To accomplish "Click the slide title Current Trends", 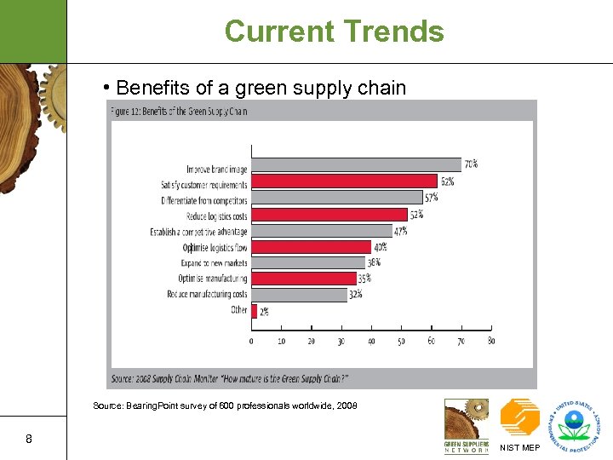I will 334,32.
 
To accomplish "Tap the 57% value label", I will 432,198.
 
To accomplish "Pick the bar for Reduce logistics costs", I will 329,215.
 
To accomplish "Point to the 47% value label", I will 400,231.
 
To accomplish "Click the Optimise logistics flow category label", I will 215,247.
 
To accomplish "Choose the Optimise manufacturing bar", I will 303,279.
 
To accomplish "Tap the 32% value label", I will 355,295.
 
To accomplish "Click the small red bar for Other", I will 254,311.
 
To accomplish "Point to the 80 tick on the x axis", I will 491,341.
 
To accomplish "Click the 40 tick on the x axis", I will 371,341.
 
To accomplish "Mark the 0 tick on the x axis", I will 251,341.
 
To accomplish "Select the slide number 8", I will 29,440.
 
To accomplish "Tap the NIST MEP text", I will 519,447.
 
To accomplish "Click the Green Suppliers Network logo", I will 466,426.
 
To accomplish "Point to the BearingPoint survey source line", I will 225,406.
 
